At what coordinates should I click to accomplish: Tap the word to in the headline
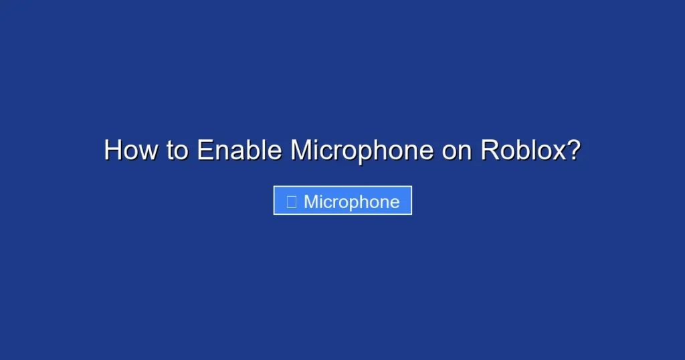tap(177, 150)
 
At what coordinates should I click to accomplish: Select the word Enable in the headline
tap(239, 150)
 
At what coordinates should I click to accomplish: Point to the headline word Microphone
tap(362, 150)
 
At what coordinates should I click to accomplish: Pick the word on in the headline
tap(457, 150)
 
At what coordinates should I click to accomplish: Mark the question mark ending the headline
tap(572, 150)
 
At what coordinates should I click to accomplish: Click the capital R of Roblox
tap(489, 150)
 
